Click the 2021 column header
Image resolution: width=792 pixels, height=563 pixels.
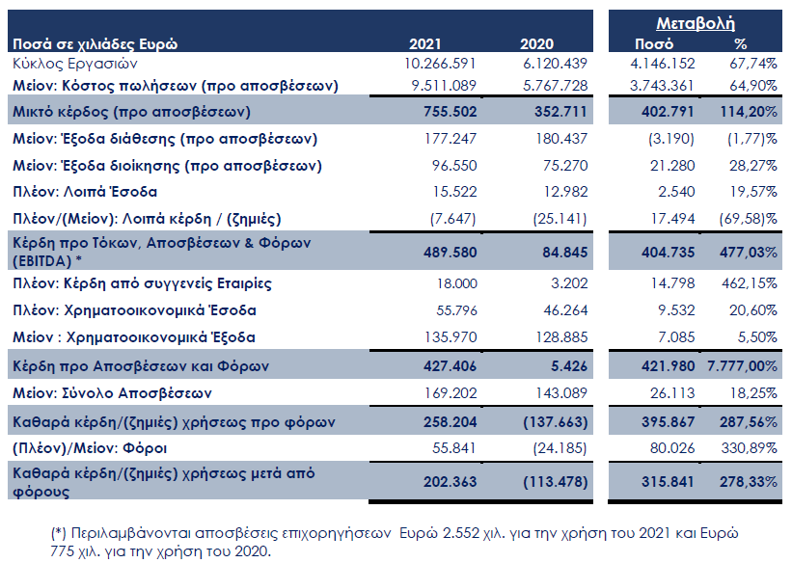point(424,44)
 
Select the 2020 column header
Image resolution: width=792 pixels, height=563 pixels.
point(536,44)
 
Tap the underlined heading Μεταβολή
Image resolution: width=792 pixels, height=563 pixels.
point(695,24)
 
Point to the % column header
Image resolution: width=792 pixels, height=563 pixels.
point(741,44)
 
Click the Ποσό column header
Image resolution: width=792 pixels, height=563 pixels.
point(654,44)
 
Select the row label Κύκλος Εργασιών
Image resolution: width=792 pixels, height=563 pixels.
point(74,65)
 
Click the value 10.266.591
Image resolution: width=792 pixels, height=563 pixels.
point(440,64)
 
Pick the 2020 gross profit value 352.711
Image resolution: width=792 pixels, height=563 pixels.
point(560,111)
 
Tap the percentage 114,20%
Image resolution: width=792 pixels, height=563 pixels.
point(748,111)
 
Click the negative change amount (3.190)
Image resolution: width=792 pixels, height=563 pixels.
point(671,139)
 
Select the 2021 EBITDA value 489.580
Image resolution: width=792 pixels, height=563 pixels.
point(451,252)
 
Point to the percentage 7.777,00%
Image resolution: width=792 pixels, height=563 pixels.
point(742,365)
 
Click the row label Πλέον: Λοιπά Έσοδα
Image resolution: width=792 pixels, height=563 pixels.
point(85,192)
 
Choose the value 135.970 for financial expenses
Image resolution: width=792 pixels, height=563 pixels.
point(451,336)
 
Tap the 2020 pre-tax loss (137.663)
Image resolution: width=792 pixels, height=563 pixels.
point(555,421)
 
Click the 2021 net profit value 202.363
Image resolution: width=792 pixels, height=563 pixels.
point(451,481)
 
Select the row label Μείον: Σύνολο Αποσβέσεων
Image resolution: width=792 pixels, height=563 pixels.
point(112,392)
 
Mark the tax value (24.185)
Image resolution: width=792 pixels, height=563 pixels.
point(560,448)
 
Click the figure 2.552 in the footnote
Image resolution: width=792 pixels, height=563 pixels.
point(461,533)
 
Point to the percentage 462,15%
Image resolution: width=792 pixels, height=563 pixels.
point(749,282)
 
